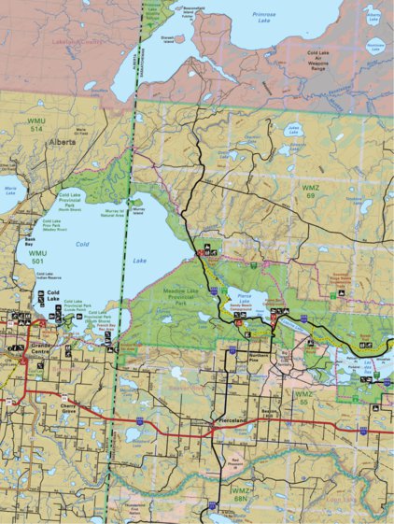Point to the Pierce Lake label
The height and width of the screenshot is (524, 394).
coord(247,294)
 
